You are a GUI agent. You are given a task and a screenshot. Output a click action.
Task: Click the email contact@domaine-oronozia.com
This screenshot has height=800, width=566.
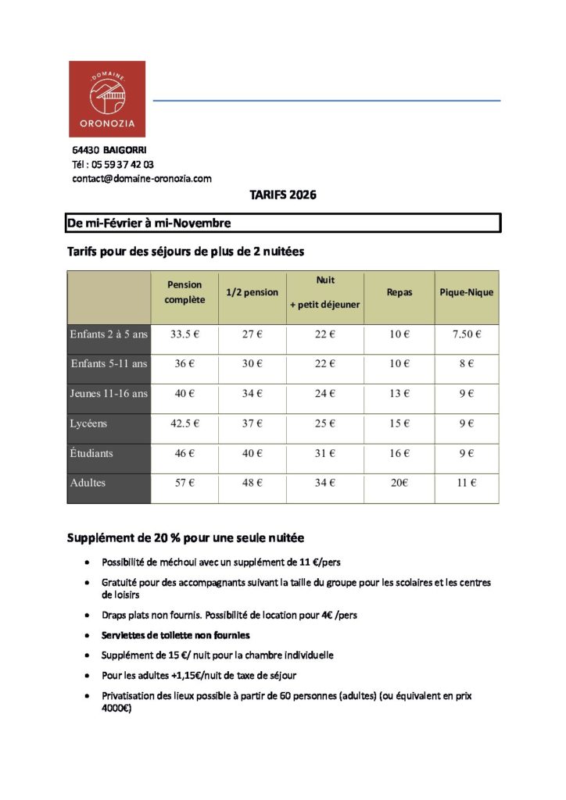pos(141,179)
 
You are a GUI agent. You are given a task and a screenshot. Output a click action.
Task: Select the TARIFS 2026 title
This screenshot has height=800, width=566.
pos(283,195)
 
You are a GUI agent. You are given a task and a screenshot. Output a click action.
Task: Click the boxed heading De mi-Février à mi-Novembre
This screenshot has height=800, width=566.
pos(149,223)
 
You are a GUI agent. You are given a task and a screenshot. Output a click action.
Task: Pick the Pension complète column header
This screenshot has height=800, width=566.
pos(184,292)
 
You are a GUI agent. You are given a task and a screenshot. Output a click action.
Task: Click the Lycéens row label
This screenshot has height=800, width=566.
pos(88,423)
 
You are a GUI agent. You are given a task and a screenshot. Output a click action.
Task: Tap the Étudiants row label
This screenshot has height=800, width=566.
pos(91,453)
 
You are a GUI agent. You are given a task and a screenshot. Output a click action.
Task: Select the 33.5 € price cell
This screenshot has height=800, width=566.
pos(184,334)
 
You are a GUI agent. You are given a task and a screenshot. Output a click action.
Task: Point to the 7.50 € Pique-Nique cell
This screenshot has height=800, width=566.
pos(466,334)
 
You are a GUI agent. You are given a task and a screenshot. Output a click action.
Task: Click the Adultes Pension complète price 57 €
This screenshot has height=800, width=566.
pos(184,483)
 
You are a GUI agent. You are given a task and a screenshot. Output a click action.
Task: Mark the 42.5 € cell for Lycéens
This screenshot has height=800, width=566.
pos(184,423)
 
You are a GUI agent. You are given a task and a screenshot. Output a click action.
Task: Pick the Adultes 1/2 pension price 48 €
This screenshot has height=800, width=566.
pos(252,483)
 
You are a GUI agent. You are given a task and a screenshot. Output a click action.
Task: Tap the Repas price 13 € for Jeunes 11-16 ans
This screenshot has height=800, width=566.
pos(399,394)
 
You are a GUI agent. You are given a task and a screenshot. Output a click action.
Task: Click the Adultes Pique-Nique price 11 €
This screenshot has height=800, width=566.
pos(466,483)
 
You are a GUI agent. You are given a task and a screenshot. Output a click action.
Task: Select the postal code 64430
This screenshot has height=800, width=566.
pos(85,150)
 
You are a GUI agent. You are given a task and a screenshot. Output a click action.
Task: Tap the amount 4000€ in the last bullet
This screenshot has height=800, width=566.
pos(116,709)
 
